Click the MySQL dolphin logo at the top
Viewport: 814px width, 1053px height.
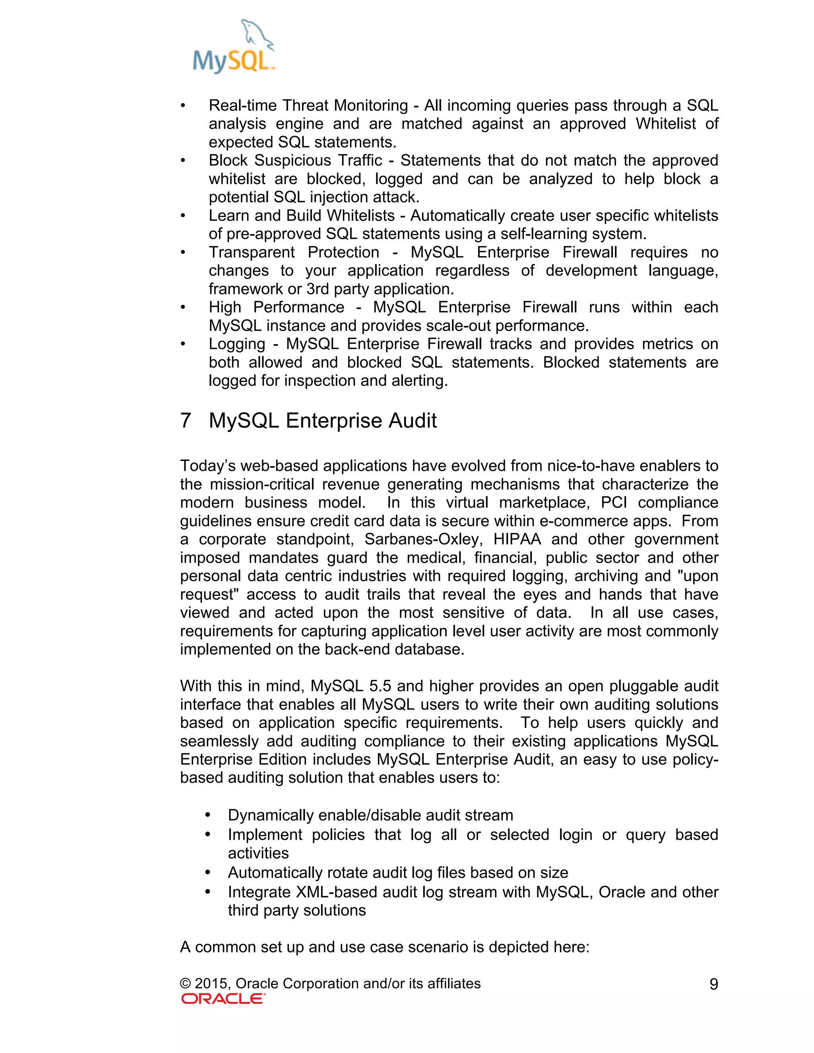coord(234,47)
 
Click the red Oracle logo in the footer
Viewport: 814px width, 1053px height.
coord(223,999)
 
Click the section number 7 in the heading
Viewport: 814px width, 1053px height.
coord(186,421)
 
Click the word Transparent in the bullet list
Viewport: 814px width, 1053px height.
coord(252,253)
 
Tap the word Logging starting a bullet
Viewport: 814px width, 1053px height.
coord(237,344)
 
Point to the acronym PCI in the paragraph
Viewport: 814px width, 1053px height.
coord(613,503)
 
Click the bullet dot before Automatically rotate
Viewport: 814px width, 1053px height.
coord(208,872)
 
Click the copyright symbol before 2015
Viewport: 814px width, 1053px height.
coord(185,983)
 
